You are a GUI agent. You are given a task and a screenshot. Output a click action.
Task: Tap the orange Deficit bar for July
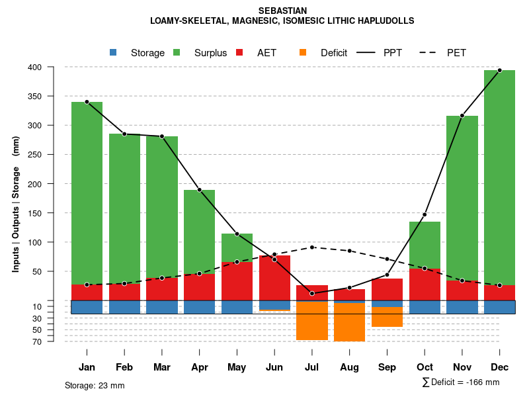312,320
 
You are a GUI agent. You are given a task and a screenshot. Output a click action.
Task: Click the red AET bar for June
274,278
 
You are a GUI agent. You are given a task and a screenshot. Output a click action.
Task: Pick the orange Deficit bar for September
387,316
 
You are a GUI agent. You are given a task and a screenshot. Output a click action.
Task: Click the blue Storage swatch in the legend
113,53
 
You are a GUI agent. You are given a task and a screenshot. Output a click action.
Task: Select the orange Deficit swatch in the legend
303,53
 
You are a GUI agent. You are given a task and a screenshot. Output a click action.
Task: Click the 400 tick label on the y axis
53,67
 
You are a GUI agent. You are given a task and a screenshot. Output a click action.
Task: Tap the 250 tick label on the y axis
53,155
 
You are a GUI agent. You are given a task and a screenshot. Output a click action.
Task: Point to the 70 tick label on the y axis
56,341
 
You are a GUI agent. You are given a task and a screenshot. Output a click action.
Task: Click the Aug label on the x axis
350,367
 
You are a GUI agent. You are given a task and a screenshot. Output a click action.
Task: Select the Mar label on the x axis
162,367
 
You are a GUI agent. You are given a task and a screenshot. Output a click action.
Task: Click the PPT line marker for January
87,102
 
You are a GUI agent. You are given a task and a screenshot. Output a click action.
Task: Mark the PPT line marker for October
425,214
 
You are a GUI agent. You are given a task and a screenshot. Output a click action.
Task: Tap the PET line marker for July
312,247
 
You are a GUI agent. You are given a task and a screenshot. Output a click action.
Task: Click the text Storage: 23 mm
95,385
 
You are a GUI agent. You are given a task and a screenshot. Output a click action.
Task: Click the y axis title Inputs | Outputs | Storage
16,204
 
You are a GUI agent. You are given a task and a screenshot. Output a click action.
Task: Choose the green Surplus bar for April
199,232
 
